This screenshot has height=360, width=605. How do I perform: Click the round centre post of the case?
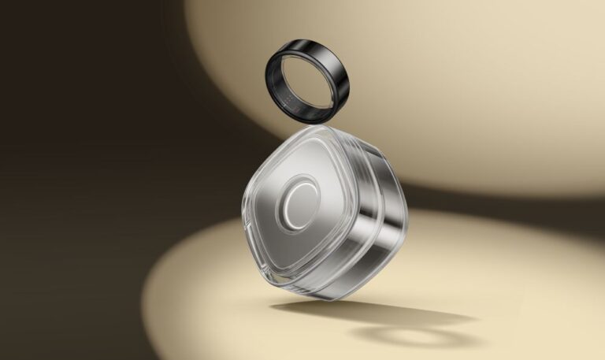(298, 208)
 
